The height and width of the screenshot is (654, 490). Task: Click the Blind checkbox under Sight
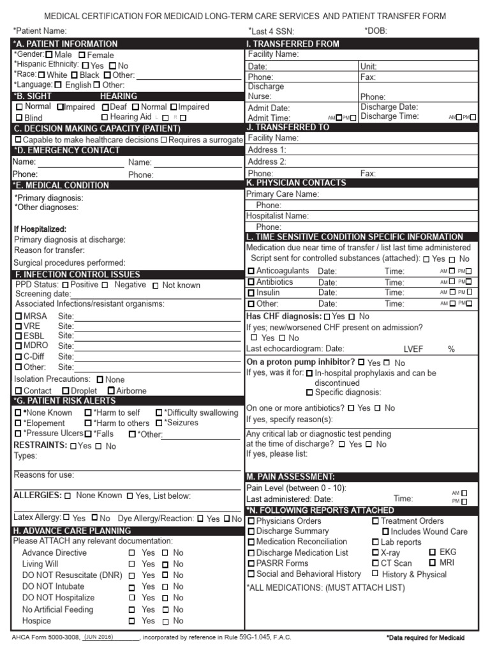tap(19, 118)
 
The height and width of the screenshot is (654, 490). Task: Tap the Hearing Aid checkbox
tap(105, 118)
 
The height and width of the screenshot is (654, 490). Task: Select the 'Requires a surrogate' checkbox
tap(164, 139)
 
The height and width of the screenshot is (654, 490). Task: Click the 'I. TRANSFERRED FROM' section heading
tap(293, 44)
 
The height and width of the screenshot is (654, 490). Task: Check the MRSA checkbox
tap(19, 316)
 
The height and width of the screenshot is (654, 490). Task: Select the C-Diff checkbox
tap(19, 356)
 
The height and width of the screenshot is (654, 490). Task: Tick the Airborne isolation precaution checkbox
tap(111, 390)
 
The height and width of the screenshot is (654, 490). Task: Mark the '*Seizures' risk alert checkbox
tap(159, 423)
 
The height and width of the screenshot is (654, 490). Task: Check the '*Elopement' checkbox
tap(18, 423)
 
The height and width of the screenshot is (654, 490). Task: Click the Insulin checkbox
tap(251, 293)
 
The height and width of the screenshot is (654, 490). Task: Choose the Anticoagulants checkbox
tap(251, 271)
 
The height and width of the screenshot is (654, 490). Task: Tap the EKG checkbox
tap(433, 552)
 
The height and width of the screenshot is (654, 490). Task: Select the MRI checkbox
tap(433, 563)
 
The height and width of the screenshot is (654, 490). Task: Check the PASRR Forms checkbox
tap(251, 563)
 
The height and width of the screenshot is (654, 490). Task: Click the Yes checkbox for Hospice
tap(132, 621)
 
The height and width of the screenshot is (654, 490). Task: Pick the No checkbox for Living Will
tap(165, 564)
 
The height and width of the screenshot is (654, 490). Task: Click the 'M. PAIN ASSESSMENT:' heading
tap(290, 476)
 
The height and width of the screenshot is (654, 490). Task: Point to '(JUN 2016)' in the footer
tap(100, 637)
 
